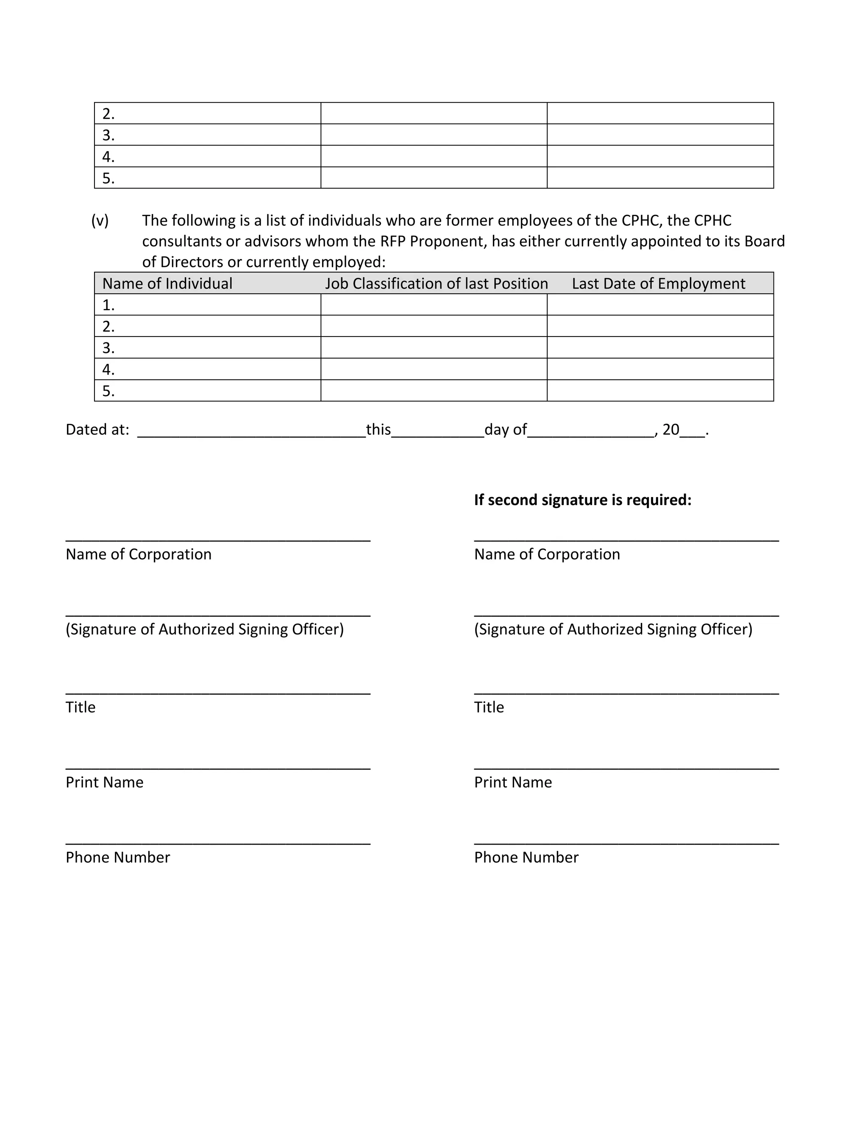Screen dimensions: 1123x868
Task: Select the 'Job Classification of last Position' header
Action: click(x=436, y=284)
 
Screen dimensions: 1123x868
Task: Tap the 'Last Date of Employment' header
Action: click(x=658, y=284)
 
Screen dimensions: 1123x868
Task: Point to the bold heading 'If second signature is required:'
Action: click(x=583, y=500)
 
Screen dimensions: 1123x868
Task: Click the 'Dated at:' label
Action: click(x=97, y=429)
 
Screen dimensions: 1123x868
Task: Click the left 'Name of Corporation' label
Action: click(x=138, y=554)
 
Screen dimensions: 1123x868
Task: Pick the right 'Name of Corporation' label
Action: click(x=547, y=554)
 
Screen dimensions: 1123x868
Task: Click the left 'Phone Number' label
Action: click(x=118, y=857)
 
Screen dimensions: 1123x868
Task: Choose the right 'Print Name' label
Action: click(x=513, y=782)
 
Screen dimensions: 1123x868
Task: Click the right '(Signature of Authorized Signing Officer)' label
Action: click(x=613, y=629)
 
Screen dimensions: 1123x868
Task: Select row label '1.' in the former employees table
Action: click(x=108, y=305)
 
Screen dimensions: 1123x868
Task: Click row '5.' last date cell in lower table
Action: click(x=660, y=391)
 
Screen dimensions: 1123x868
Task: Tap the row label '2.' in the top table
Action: click(x=108, y=114)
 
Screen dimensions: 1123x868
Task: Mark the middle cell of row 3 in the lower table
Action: click(x=434, y=347)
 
